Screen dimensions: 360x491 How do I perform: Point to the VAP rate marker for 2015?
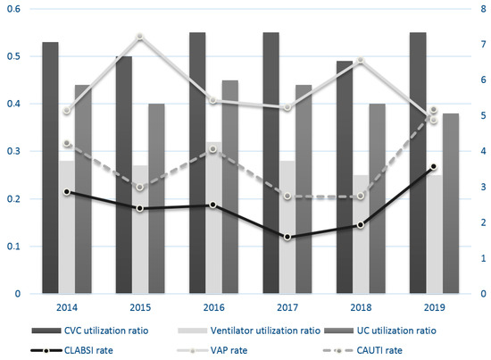140,36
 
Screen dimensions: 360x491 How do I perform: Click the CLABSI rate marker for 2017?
287,237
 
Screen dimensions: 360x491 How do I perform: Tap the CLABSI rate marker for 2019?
434,167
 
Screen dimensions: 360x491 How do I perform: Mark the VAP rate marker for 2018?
361,60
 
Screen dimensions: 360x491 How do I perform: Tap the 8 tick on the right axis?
481,9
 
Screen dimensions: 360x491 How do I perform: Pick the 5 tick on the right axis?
481,116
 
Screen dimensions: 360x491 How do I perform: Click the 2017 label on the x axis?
287,307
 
